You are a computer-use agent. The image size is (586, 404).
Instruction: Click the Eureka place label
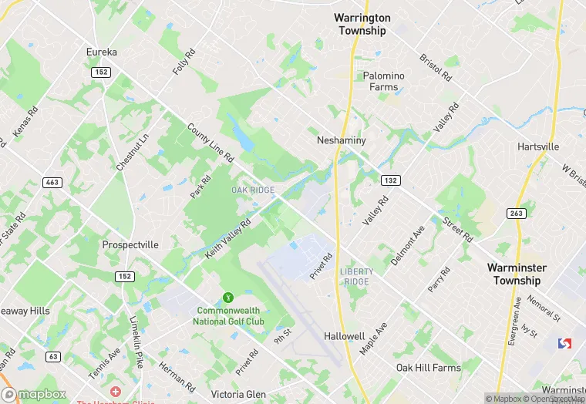pos(102,52)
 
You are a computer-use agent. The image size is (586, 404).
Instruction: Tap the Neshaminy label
pos(341,141)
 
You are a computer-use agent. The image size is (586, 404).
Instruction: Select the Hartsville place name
pos(539,146)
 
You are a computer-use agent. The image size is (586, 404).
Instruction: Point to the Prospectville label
pos(130,244)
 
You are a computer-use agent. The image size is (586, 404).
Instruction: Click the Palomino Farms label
pos(383,81)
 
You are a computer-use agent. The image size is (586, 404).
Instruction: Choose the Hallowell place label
pos(344,337)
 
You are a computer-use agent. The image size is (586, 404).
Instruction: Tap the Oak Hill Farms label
pos(428,368)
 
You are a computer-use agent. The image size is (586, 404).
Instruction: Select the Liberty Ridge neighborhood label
pos(355,276)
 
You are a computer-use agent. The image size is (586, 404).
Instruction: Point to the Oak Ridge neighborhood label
pos(253,190)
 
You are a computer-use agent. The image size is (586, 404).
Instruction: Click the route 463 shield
pos(52,183)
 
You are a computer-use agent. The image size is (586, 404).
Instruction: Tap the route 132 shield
pos(389,180)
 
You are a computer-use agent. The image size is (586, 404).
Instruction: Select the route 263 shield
pos(516,213)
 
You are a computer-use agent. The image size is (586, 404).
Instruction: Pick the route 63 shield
pos(52,356)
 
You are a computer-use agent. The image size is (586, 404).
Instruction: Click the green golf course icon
pos(227,297)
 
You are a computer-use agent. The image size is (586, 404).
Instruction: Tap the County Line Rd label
pos(210,143)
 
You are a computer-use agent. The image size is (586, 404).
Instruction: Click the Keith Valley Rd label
pos(229,239)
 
